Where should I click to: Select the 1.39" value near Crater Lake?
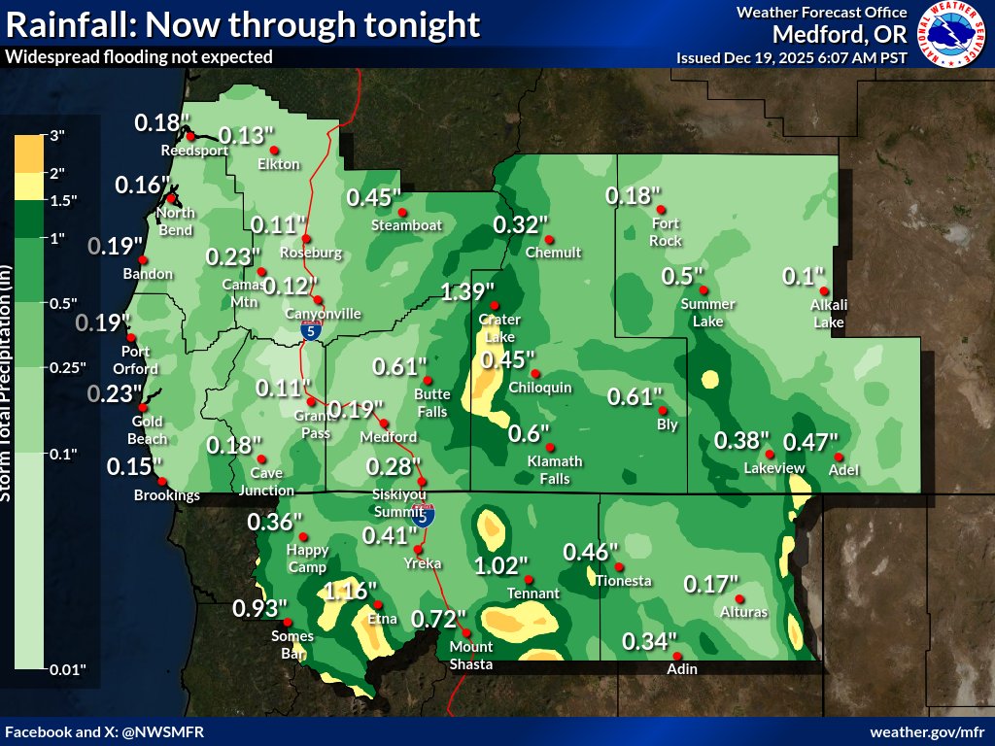click(467, 290)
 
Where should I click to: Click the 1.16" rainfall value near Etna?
click(349, 590)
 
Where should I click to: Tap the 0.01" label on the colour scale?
click(68, 669)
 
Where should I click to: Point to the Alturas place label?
click(745, 612)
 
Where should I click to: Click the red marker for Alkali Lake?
click(823, 290)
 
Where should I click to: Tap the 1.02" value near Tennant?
click(500, 565)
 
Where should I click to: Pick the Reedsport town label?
click(194, 151)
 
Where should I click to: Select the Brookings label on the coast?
click(168, 495)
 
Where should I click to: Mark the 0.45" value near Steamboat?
click(374, 197)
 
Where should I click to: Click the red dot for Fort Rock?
click(660, 210)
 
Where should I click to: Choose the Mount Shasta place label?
click(471, 655)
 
